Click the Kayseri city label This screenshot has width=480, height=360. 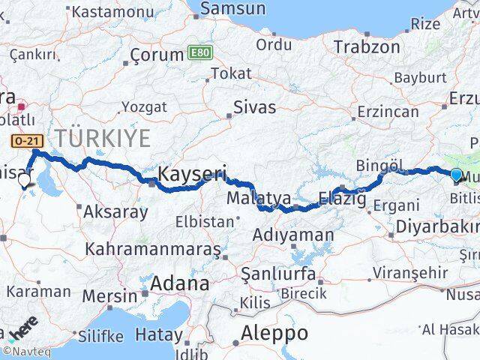pos(191,174)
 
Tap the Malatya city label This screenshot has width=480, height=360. pos(260,199)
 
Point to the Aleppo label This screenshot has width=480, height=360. pos(275,331)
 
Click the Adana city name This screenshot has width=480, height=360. pos(180,284)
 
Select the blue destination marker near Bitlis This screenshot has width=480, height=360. pos(457,175)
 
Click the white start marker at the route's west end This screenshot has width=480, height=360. pos(24,180)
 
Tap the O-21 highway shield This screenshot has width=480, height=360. pos(23,139)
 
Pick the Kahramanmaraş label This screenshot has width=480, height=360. pos(153,247)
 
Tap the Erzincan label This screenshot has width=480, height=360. pos(388,112)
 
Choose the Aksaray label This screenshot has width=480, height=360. pos(116,211)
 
